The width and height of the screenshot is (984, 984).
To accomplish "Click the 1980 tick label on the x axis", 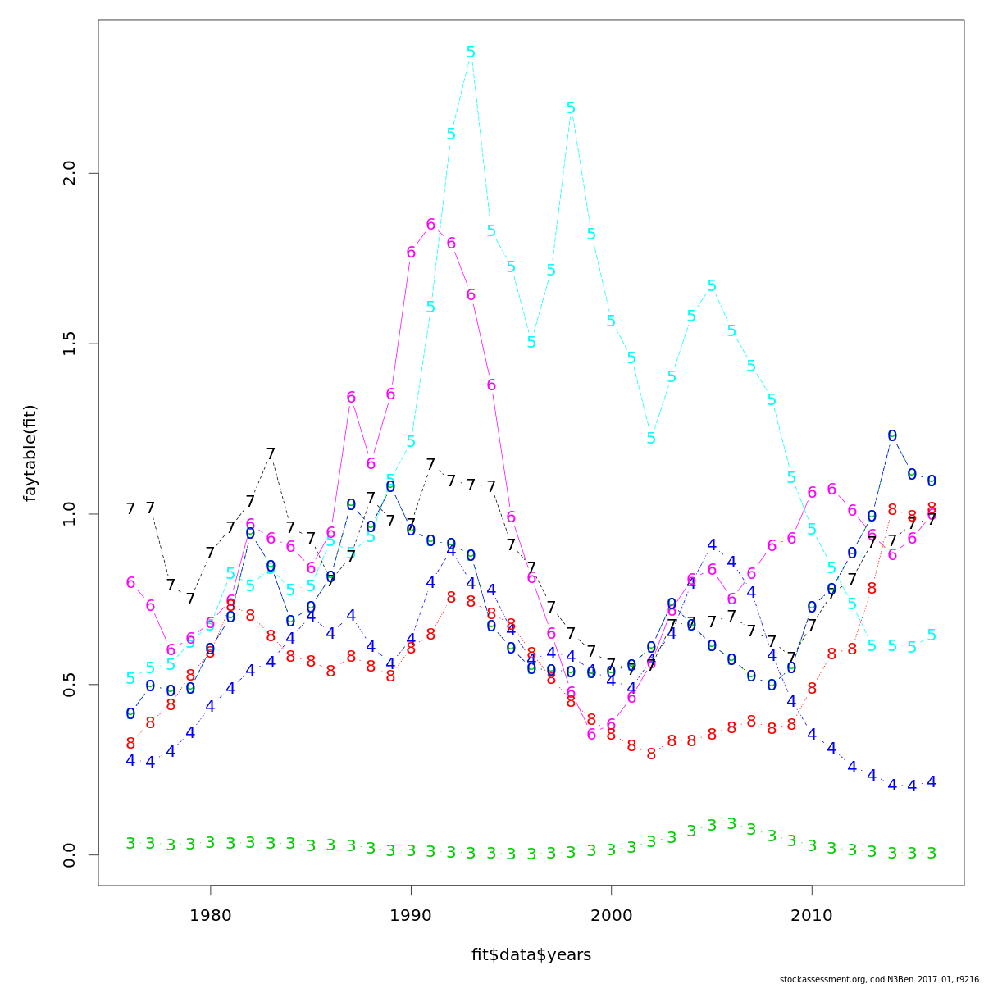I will tap(211, 914).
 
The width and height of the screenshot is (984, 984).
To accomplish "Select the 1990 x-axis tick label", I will tap(411, 914).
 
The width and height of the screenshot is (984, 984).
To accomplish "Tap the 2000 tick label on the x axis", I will tap(611, 914).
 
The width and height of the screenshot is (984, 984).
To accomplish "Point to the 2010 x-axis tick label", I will tap(812, 914).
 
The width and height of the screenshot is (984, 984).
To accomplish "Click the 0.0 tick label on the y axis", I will tap(70, 854).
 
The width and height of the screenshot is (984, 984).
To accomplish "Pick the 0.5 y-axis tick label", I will tap(70, 684).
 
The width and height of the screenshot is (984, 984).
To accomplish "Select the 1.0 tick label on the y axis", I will tap(70, 514).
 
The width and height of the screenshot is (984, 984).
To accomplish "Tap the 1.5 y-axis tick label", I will tap(70, 344).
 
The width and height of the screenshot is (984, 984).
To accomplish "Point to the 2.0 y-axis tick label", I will tap(70, 174).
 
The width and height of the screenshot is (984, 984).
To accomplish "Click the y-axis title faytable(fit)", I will tap(30, 453).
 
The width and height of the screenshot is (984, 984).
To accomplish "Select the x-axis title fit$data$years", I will tap(531, 955).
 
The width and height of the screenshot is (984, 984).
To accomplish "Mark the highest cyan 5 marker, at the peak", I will tap(471, 52).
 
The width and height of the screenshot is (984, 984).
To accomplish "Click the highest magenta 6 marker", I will tap(430, 225).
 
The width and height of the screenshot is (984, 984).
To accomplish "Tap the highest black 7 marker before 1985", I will tap(271, 454).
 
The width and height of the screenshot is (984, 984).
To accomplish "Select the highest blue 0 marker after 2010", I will tap(892, 436).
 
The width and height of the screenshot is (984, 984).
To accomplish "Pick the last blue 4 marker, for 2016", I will tap(932, 782).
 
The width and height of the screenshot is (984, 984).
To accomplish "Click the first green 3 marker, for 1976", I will tap(130, 844).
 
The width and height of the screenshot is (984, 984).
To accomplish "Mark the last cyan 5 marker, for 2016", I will tap(932, 635).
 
